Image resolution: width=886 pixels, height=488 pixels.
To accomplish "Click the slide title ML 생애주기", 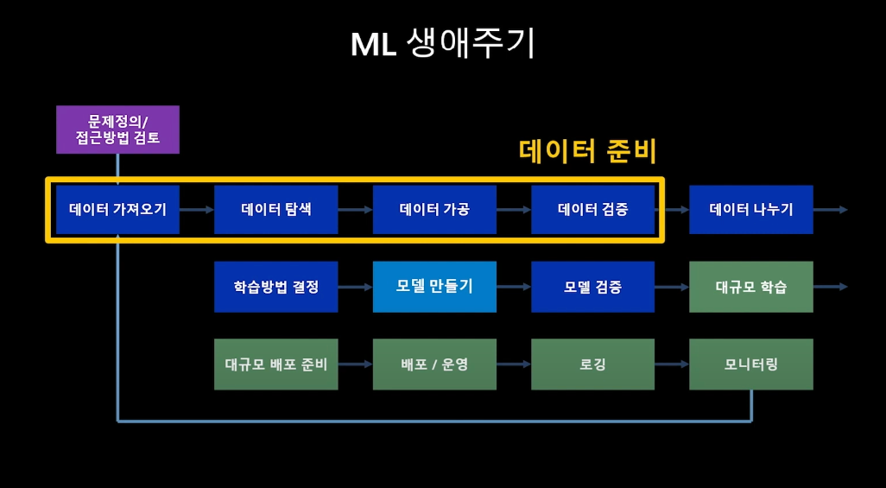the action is (442, 44).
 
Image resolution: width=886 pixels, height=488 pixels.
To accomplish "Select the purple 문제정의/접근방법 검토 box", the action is (117, 130).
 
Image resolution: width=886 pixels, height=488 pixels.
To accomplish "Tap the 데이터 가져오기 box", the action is (117, 209).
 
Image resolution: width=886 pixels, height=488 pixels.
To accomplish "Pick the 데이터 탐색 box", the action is (275, 209).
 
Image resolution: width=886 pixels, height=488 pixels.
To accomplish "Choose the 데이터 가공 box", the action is (434, 209).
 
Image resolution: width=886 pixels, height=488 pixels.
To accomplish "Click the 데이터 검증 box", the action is (592, 209).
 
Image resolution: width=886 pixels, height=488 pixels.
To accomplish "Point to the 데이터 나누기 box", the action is (751, 209).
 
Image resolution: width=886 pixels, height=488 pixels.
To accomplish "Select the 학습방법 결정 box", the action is (275, 287).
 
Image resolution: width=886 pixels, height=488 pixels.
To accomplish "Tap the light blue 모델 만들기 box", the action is (434, 287).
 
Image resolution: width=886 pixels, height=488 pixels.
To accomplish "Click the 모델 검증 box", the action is (592, 287).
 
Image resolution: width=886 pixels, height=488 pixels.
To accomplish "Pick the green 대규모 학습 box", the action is (751, 287).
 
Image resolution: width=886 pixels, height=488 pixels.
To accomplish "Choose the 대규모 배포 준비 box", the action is (275, 364).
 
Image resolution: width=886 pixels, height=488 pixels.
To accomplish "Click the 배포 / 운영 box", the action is (434, 364).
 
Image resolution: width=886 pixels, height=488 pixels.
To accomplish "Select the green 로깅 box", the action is (592, 364).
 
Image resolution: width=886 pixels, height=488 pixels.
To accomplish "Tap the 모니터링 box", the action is (751, 364).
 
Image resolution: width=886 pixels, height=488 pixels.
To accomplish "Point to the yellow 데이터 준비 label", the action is (588, 151).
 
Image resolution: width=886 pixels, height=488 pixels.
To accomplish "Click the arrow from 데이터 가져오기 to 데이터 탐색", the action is (197, 210).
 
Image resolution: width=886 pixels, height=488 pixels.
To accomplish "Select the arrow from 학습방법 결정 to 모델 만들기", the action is (356, 288).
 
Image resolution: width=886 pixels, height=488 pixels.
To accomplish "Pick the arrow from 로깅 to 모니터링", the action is (672, 364).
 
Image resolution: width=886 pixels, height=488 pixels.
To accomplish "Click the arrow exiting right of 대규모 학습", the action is (831, 288).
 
